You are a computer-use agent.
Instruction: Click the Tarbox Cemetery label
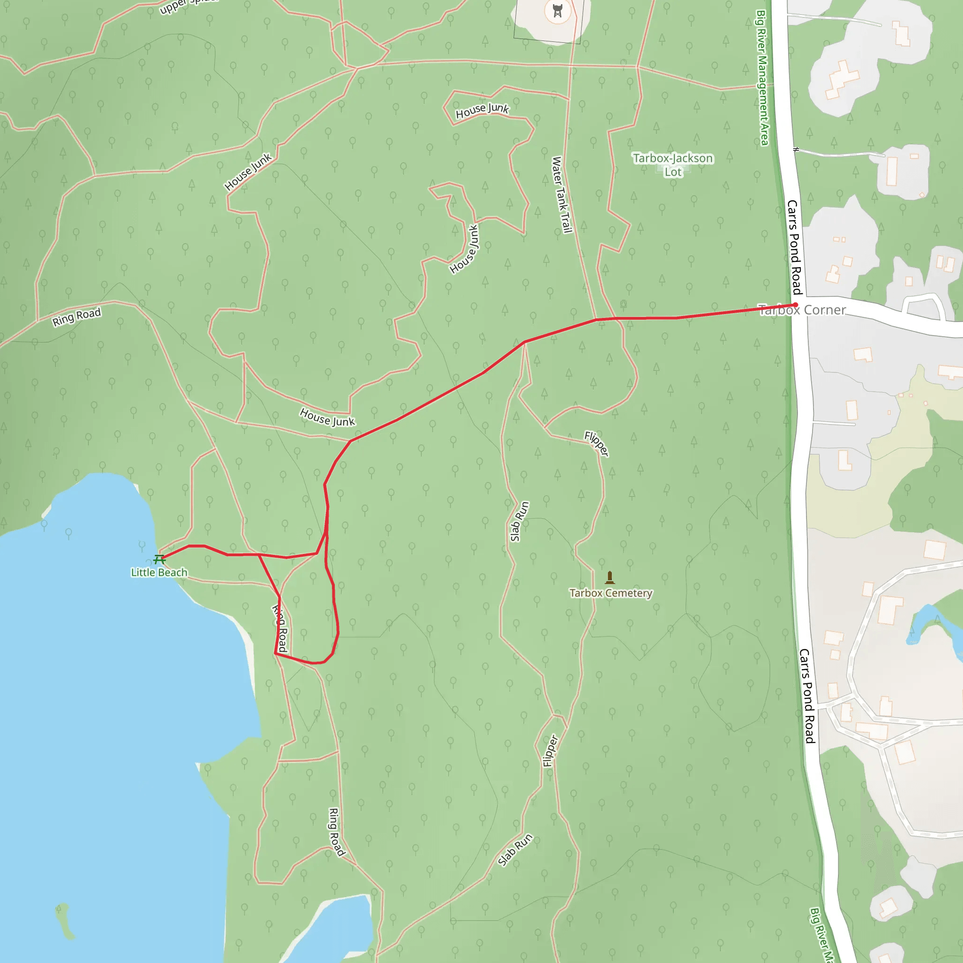611,593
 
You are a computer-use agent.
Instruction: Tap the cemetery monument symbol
609,578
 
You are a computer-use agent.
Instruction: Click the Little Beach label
159,573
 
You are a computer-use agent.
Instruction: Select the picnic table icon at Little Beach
159,560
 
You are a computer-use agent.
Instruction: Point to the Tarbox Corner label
802,310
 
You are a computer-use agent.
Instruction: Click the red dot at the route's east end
796,305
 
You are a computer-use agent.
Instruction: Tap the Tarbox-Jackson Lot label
673,165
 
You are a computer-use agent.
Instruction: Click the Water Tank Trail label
561,195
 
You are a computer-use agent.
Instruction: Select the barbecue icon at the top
557,11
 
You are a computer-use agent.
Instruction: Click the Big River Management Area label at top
763,77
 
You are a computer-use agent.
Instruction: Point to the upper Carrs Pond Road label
794,247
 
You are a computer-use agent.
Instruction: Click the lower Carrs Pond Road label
807,696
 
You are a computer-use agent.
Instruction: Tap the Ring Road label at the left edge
77,317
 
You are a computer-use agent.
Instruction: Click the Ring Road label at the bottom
337,832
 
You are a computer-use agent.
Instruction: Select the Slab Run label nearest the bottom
515,850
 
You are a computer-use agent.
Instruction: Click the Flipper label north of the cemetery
597,443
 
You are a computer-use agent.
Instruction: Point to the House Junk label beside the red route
327,417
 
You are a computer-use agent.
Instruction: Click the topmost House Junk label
482,111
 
